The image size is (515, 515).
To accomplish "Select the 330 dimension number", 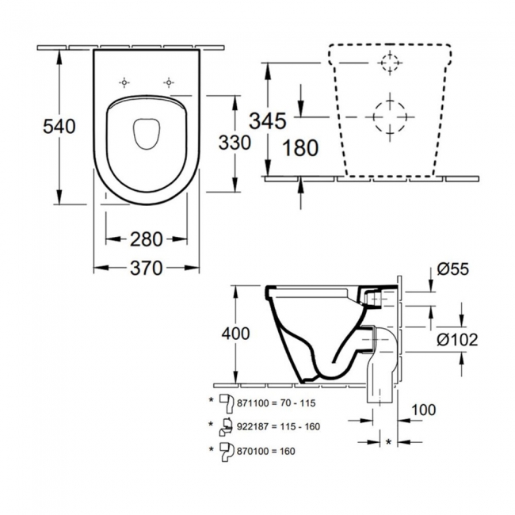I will point(235,143).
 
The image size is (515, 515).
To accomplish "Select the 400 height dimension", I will point(235,334).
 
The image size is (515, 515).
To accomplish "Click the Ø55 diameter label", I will point(453,269).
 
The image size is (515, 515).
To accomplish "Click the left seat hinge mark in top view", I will point(125,82).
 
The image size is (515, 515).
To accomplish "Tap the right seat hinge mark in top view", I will point(168,82).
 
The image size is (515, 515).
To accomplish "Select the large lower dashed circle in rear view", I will point(390,116).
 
